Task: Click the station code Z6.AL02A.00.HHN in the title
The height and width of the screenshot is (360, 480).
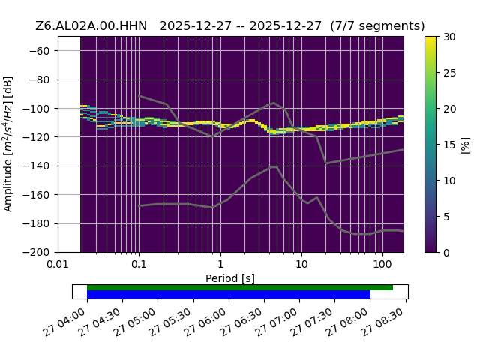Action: click(x=91, y=26)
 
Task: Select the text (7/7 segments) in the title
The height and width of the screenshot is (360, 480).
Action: click(x=377, y=26)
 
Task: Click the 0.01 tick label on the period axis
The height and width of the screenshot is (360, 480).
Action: click(x=58, y=264)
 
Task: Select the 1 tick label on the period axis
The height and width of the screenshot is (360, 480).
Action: click(x=220, y=264)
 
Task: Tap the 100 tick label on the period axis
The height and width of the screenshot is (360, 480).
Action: click(x=382, y=264)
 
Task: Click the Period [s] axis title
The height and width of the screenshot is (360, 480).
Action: click(x=230, y=278)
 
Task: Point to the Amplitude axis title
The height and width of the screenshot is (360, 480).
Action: click(x=7, y=144)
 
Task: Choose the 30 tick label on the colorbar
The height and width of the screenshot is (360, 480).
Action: click(x=449, y=37)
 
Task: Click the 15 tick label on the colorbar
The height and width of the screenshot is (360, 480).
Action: click(x=449, y=145)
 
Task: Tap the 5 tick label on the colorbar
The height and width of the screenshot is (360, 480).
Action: click(x=447, y=217)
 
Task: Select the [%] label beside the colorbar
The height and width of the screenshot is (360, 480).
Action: click(x=465, y=145)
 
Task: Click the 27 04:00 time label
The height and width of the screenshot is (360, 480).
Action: click(x=64, y=322)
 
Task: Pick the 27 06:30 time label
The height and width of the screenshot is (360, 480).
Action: click(x=241, y=322)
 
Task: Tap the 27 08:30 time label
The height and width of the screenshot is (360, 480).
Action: click(x=383, y=322)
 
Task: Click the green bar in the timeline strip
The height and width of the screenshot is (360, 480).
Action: click(x=240, y=287)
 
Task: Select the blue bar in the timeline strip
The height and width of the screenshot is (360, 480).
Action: click(x=229, y=295)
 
